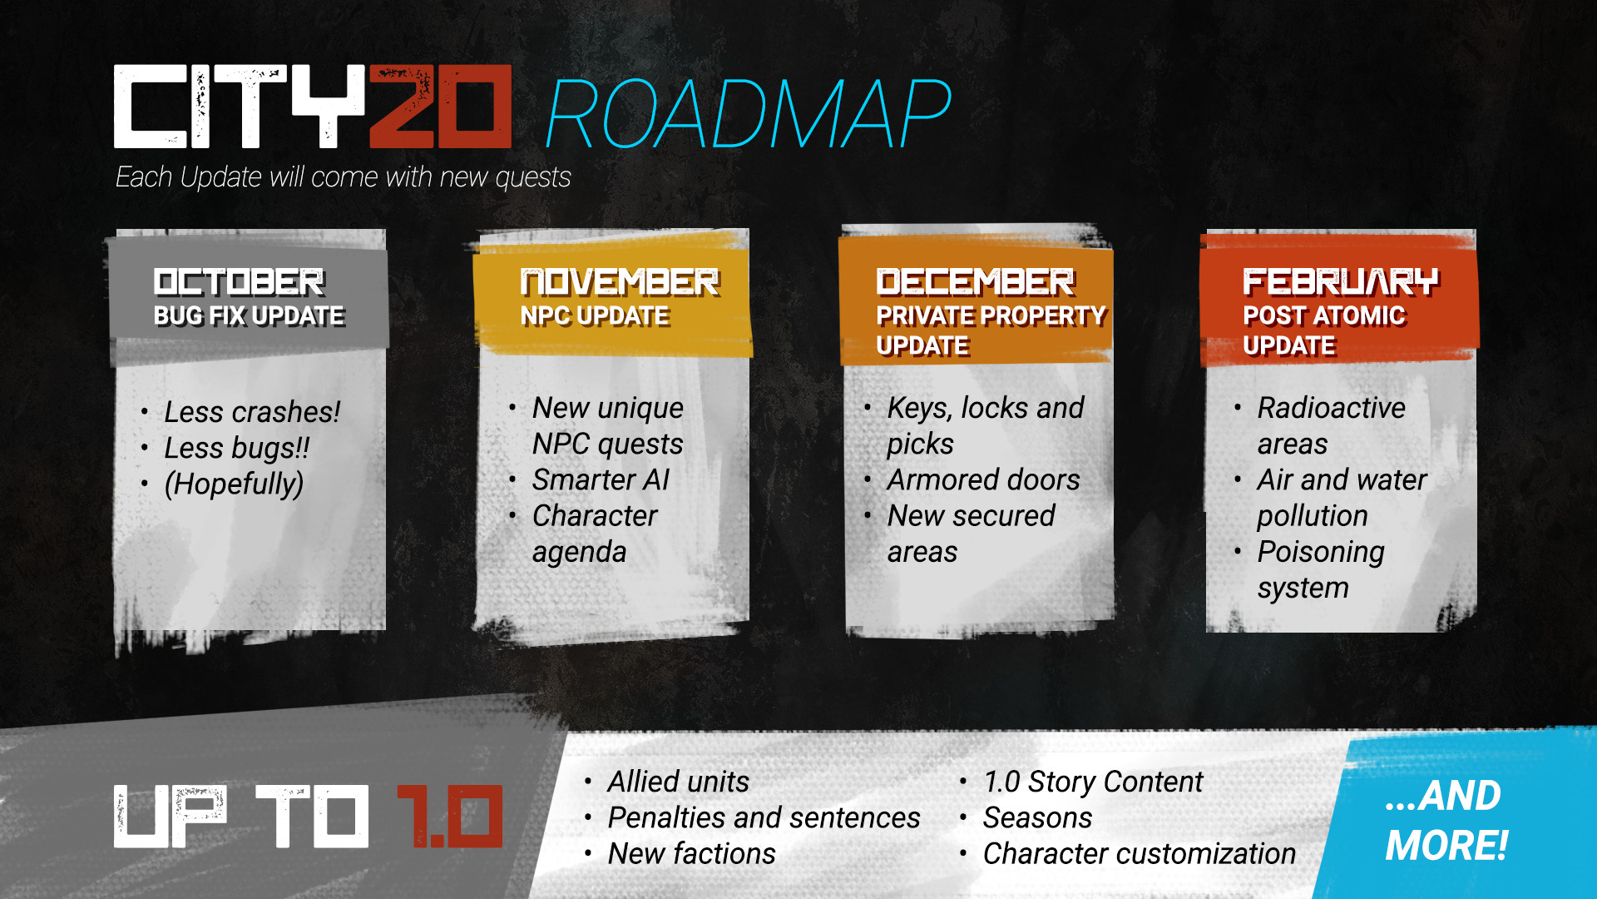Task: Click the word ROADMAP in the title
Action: [749, 113]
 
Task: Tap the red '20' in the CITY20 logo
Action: [440, 107]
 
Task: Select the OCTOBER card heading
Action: [239, 282]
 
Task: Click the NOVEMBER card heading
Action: [620, 282]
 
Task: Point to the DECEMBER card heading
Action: [976, 282]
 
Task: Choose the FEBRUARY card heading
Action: [1340, 282]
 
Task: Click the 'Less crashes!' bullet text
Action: [252, 411]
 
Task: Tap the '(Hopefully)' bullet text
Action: [234, 484]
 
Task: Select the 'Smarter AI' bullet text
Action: [601, 479]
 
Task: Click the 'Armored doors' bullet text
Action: [983, 479]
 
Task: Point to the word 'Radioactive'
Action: [1331, 408]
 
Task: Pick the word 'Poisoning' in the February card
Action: [1321, 553]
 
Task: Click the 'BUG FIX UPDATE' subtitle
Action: [249, 315]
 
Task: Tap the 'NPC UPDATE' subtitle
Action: [595, 315]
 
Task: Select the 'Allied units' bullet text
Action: [678, 782]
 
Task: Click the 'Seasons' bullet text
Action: [1037, 817]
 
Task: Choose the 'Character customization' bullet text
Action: [1140, 853]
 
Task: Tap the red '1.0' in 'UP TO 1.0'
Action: [450, 816]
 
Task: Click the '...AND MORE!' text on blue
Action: [1446, 821]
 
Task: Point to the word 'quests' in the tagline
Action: [532, 177]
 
